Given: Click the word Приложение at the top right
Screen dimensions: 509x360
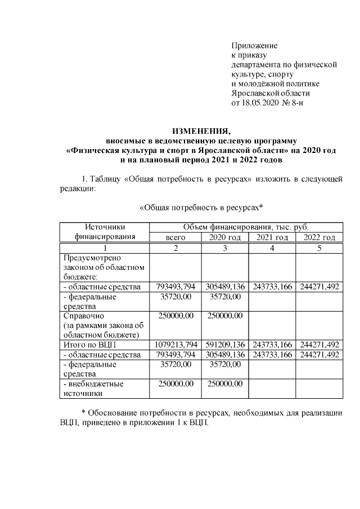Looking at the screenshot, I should tap(254, 45).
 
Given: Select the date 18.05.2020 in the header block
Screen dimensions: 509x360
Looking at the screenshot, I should tap(260, 103).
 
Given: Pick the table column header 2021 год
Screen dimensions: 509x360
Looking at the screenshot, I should tap(272, 237).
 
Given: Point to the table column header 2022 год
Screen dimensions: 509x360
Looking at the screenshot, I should tap(319, 237).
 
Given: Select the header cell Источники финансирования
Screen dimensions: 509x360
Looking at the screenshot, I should tap(105, 232).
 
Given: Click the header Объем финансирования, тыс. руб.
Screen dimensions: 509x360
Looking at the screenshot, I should tap(246, 227).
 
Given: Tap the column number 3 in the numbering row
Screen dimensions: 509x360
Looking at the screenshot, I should tap(225, 248).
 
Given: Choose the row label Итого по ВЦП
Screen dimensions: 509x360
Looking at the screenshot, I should tap(88, 344).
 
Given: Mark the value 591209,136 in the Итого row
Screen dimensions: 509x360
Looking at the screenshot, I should tap(225, 344).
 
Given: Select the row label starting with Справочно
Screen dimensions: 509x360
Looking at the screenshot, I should tap(105, 325).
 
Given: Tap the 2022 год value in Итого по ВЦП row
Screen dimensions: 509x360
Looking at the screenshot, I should tap(319, 344).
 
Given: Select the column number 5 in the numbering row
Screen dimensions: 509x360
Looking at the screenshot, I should tap(319, 248).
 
